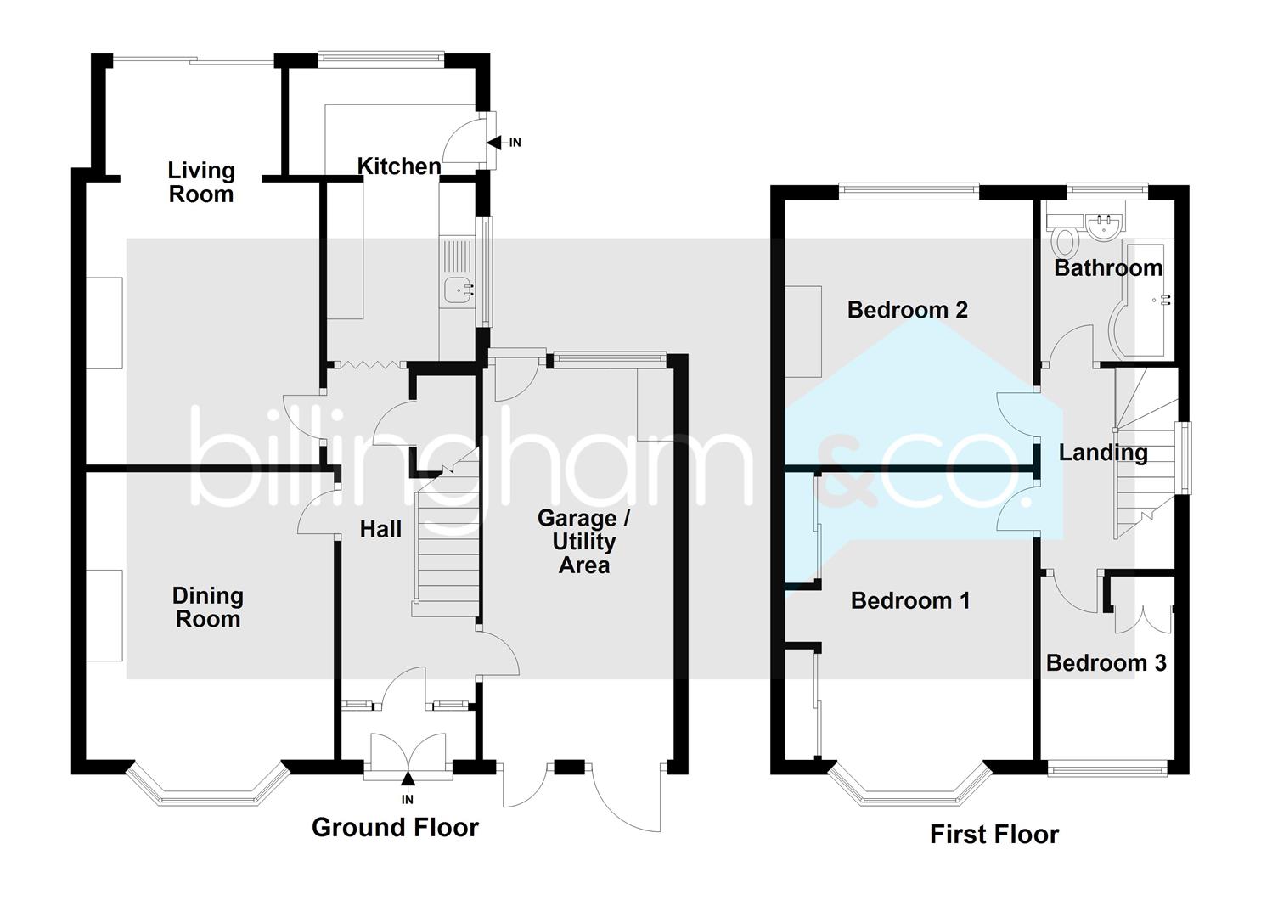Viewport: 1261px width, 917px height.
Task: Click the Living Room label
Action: [x=200, y=183]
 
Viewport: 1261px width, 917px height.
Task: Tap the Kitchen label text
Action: [x=399, y=166]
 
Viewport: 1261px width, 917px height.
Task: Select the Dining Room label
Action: [x=207, y=607]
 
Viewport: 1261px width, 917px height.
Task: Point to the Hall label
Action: [x=380, y=530]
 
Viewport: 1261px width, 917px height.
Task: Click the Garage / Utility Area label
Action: [x=584, y=542]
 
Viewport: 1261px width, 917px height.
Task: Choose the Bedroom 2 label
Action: [x=907, y=310]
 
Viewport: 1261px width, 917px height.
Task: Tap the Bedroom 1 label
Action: [x=909, y=601]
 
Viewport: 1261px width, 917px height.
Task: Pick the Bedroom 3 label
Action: [x=1106, y=663]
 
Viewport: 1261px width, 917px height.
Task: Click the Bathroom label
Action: [x=1108, y=268]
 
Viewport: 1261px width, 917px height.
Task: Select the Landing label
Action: [x=1102, y=453]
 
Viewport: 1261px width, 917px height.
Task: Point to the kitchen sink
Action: [x=458, y=290]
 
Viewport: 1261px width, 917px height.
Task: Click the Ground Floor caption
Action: [x=395, y=828]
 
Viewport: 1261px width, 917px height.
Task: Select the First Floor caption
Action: [x=994, y=835]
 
